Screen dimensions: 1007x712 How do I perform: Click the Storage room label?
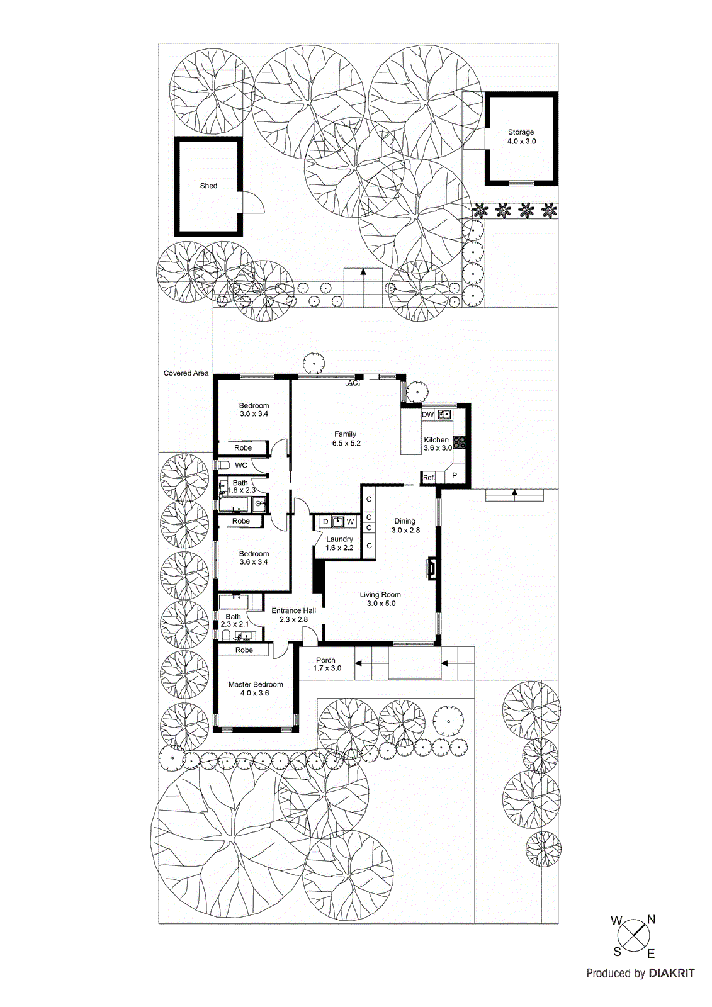[x=521, y=132]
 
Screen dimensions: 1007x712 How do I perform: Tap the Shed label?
[x=208, y=186]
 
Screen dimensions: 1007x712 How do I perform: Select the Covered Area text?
[x=186, y=373]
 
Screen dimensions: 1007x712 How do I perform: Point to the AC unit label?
[x=353, y=383]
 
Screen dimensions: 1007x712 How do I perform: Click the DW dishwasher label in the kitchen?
[x=428, y=415]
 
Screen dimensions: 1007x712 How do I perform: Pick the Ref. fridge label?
[x=429, y=478]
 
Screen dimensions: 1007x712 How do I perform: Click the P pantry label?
[x=455, y=476]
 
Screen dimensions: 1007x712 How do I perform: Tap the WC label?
[x=241, y=466]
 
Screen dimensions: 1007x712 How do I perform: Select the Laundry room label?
[x=339, y=539]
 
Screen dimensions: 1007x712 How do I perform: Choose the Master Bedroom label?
[x=256, y=684]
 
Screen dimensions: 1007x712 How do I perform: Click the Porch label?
[x=326, y=660]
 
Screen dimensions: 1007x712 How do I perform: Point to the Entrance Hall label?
[x=293, y=610]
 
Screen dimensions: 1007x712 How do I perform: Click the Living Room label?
[x=380, y=594]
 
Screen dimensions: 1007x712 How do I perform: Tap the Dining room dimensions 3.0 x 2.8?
[x=405, y=531]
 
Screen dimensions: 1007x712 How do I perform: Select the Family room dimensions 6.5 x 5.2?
[x=346, y=443]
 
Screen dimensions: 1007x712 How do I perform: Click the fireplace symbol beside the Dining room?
[x=432, y=567]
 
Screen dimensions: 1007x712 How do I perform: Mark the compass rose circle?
[x=633, y=935]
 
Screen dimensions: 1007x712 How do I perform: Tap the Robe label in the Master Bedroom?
[x=244, y=650]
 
